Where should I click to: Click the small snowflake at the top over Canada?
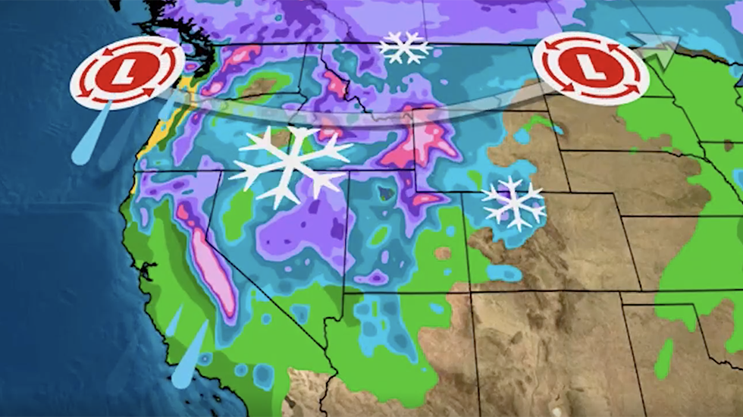(x=404, y=47)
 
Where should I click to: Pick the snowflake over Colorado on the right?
(x=513, y=202)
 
